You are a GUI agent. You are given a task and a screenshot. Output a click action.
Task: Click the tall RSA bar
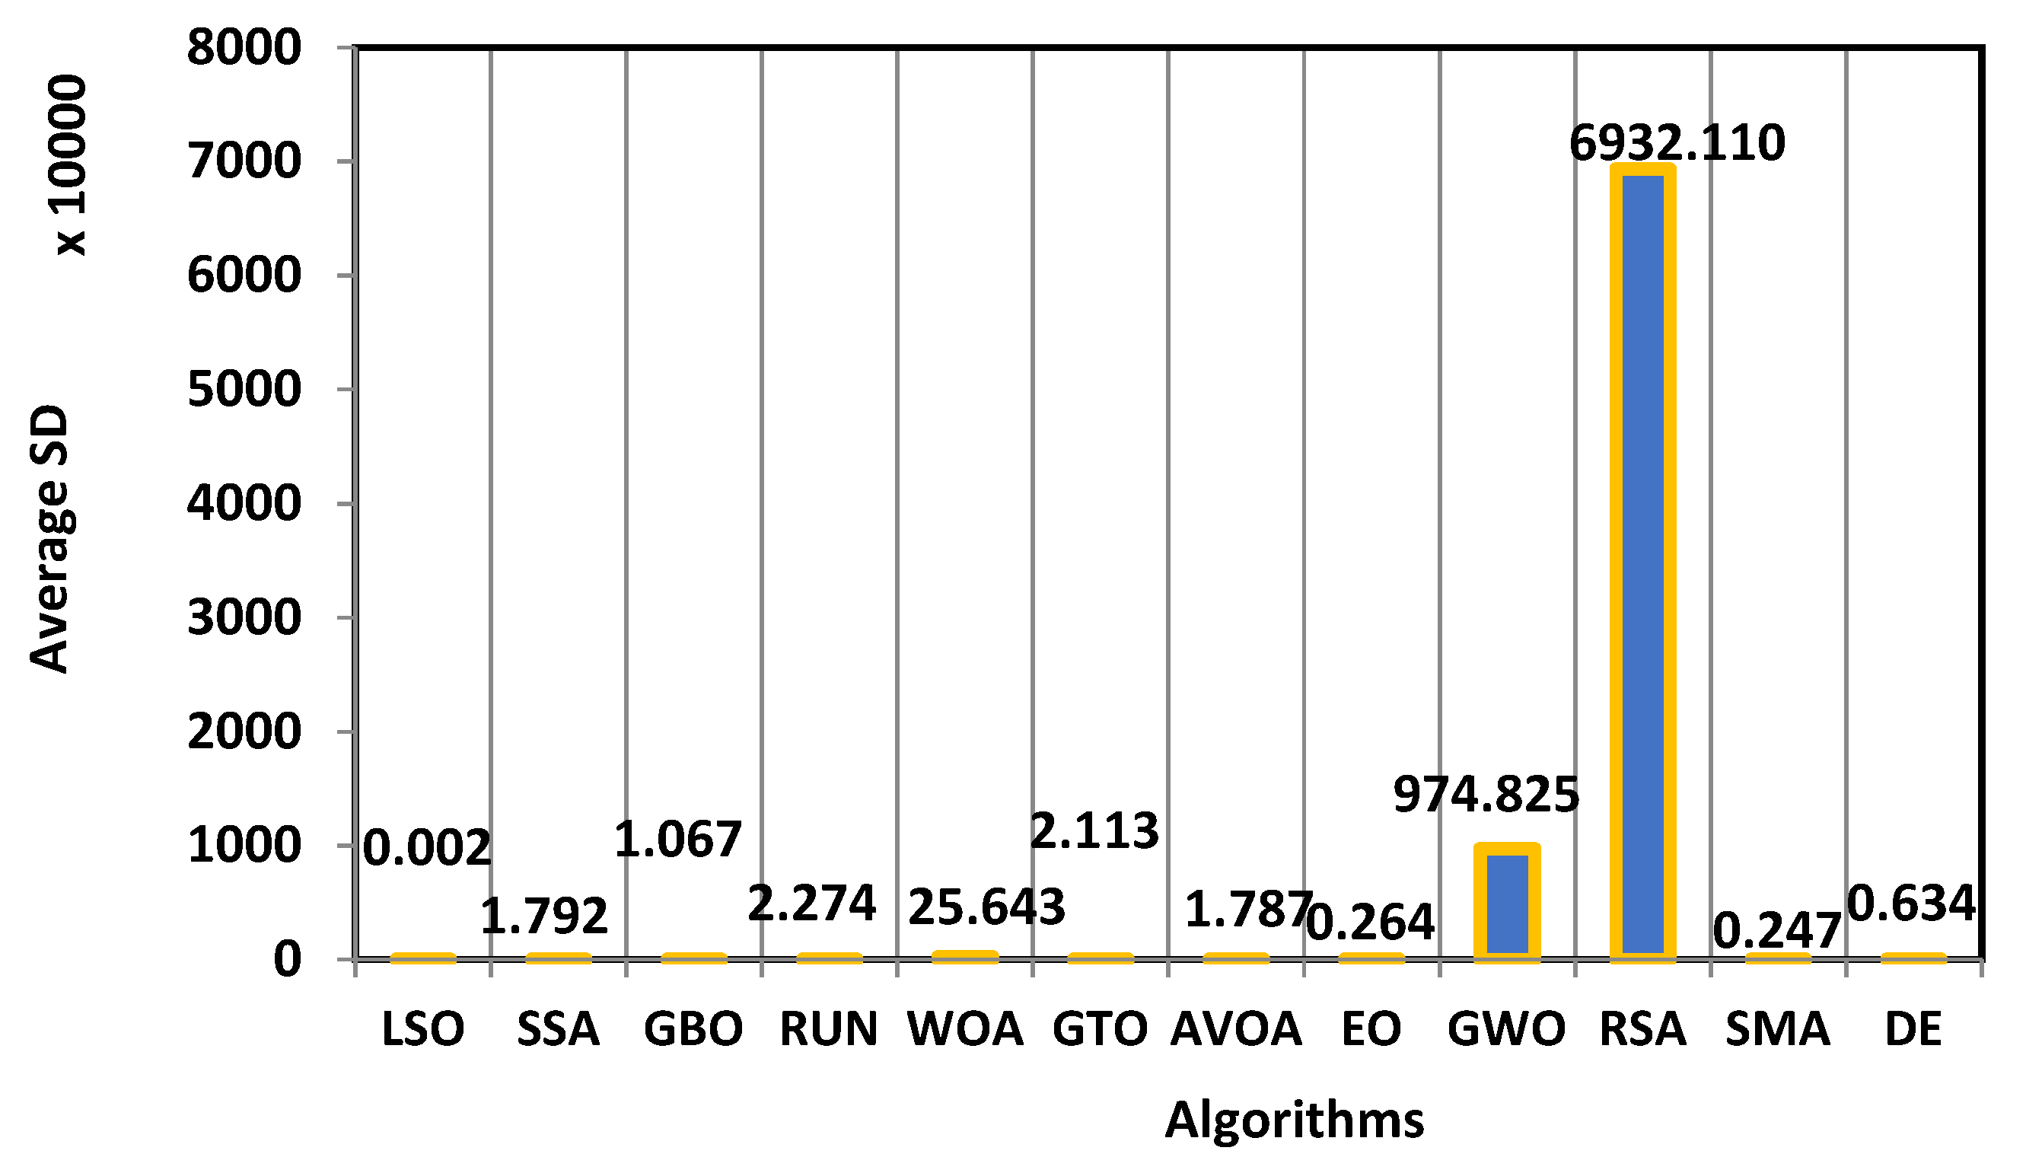coord(1643,563)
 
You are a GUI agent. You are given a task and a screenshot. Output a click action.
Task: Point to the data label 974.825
coord(1486,795)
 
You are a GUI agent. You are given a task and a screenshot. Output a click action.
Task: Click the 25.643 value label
coord(986,907)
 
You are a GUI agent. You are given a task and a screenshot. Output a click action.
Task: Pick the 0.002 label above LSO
coord(427,848)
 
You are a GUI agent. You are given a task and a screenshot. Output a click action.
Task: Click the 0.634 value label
coord(1911,903)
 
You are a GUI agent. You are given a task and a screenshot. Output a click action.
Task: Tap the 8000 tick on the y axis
coord(244,47)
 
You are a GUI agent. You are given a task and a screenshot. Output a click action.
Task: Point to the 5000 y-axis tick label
coord(244,390)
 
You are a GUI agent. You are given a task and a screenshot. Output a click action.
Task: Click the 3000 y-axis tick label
coord(244,618)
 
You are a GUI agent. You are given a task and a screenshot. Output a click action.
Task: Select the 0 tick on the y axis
coord(287,960)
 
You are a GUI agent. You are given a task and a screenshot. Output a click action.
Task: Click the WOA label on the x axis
coord(965,1030)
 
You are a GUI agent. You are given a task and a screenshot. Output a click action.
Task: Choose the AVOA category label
coord(1236,1030)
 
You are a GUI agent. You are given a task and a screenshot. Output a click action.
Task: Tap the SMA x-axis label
coord(1778,1030)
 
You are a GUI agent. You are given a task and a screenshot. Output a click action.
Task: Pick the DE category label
coord(1913,1030)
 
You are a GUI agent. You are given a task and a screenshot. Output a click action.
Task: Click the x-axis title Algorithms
coord(1295,1120)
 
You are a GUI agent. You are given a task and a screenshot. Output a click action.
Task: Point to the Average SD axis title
coord(49,539)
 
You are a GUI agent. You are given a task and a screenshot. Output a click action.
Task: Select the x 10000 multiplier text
coord(68,165)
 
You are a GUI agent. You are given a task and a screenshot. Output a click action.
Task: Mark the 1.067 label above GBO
coord(678,840)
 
